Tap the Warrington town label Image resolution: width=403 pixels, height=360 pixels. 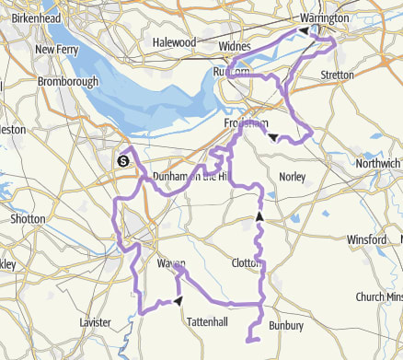coord(325,17)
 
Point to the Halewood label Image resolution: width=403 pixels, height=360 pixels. coord(174,42)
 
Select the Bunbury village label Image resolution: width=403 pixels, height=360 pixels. coord(284,325)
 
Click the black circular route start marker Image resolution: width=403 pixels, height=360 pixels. coord(122,162)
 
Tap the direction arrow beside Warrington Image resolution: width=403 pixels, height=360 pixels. coord(303,30)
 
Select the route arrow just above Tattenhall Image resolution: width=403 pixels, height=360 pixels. coord(177,301)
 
